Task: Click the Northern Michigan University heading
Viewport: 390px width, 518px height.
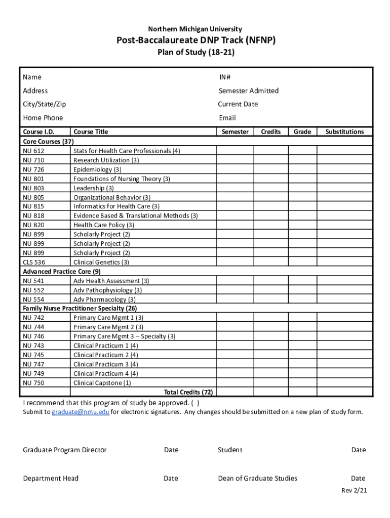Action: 194,29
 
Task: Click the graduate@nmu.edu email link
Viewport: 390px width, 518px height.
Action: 81,412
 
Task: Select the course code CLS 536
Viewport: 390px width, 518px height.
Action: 34,262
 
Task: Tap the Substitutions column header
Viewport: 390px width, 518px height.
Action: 344,132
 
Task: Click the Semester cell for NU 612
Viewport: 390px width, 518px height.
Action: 235,151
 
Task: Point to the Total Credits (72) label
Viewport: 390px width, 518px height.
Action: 188,392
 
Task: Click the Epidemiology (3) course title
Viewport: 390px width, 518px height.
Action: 97,169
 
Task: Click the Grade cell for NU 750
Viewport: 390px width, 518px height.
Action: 302,383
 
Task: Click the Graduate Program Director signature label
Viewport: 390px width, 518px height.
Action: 65,450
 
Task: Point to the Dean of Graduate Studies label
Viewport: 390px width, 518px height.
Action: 257,478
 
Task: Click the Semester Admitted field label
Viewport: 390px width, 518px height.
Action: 248,91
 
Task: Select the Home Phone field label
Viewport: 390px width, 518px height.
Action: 43,118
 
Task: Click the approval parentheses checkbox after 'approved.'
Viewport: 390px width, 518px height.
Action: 195,403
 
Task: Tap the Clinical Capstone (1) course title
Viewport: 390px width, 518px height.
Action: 102,383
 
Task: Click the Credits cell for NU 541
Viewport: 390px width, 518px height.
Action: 270,281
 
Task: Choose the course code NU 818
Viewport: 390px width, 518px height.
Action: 33,215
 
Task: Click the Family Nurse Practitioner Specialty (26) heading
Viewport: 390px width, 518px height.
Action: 80,308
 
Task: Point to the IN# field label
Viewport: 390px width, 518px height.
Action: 225,77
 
